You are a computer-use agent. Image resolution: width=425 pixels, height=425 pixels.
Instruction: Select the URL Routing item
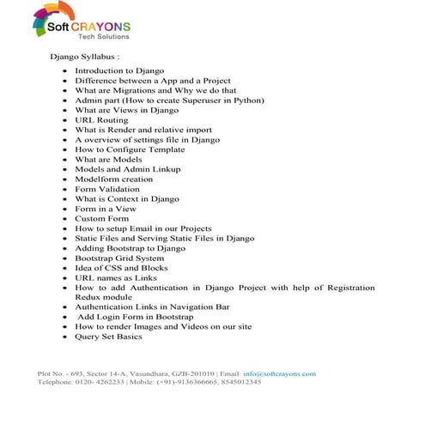pos(101,120)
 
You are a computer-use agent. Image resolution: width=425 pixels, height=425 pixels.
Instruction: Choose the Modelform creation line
pos(113,179)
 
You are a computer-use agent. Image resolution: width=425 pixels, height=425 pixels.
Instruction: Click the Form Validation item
pos(107,189)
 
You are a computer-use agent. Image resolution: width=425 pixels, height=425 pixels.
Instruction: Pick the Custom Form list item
pos(101,218)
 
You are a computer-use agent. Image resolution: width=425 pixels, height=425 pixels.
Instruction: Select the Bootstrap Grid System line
pos(118,258)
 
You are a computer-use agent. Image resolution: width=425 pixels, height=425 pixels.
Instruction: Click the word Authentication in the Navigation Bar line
pos(106,307)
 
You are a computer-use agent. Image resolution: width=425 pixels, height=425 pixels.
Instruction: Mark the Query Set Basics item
pos(108,336)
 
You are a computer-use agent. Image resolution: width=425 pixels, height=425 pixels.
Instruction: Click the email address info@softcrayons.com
pos(280,373)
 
